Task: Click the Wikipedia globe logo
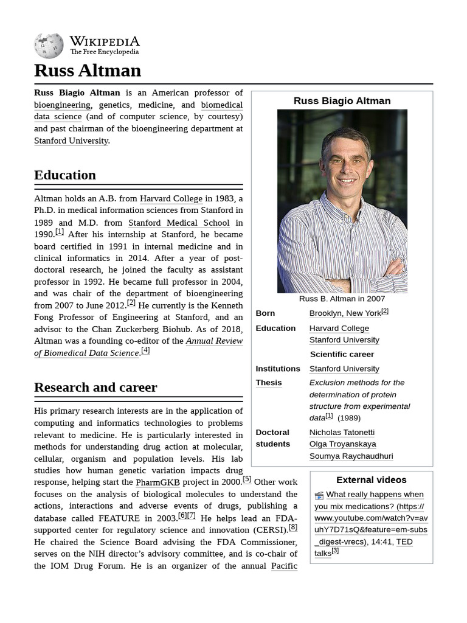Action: click(x=49, y=45)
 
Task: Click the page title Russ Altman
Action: click(x=88, y=71)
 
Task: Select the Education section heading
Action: click(x=65, y=175)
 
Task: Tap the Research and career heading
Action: click(x=95, y=388)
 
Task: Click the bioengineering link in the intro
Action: click(x=62, y=105)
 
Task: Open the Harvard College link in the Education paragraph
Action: click(x=171, y=199)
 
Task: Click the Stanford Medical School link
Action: click(x=179, y=223)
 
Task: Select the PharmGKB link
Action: click(x=157, y=482)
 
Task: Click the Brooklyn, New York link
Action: click(x=345, y=313)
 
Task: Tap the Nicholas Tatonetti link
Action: click(x=342, y=433)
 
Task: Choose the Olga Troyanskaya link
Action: click(x=342, y=444)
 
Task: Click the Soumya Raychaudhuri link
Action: click(x=351, y=456)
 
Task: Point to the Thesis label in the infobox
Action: click(x=269, y=383)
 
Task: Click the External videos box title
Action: click(x=371, y=480)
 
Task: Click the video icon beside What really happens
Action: click(x=319, y=495)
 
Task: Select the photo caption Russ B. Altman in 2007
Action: click(x=342, y=299)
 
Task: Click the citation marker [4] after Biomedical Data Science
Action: click(x=145, y=351)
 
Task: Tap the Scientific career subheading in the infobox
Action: click(x=342, y=354)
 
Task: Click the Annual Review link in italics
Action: click(x=214, y=341)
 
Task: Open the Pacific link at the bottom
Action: click(x=284, y=566)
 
